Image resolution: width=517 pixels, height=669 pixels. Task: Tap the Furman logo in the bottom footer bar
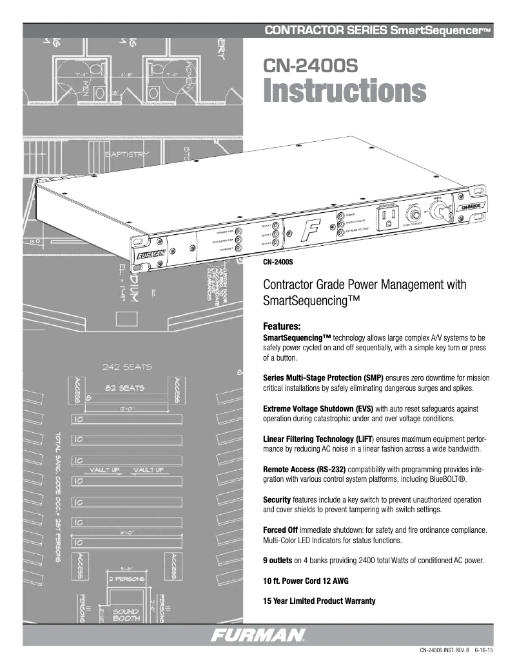point(258,635)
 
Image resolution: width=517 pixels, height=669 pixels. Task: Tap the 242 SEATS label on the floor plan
point(127,368)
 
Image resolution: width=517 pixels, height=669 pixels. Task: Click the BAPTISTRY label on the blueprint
point(126,154)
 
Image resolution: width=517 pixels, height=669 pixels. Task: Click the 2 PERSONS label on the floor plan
point(128,579)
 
